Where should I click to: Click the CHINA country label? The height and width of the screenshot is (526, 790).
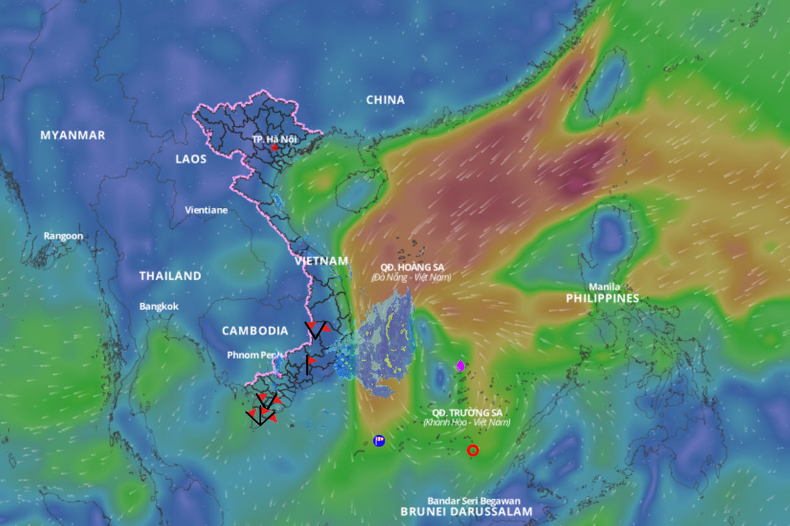point(385,100)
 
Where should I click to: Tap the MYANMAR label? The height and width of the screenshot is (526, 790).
point(73,135)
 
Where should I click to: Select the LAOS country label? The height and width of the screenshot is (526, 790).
point(191,159)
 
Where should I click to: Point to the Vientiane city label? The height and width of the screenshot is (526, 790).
point(206,210)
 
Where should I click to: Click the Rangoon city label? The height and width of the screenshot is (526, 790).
point(63,236)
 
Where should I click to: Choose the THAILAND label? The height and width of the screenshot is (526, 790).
point(170,276)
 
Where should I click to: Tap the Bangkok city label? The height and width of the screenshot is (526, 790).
point(159,306)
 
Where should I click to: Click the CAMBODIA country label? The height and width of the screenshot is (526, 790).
point(255,331)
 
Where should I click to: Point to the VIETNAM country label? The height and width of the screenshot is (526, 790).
point(322,261)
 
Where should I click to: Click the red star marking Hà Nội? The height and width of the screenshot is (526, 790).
point(274,148)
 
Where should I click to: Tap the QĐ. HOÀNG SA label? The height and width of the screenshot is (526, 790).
point(412,268)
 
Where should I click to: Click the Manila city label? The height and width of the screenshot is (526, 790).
point(604,287)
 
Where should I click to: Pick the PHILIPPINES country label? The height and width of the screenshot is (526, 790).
point(602,298)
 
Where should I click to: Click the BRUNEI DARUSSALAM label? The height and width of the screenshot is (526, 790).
point(466,512)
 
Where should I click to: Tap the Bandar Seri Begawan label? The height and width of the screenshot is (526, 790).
point(474,501)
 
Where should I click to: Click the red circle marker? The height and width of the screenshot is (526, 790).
point(473,450)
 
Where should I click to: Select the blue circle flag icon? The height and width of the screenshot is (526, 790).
point(379,440)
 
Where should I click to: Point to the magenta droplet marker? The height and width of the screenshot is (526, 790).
point(460,365)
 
